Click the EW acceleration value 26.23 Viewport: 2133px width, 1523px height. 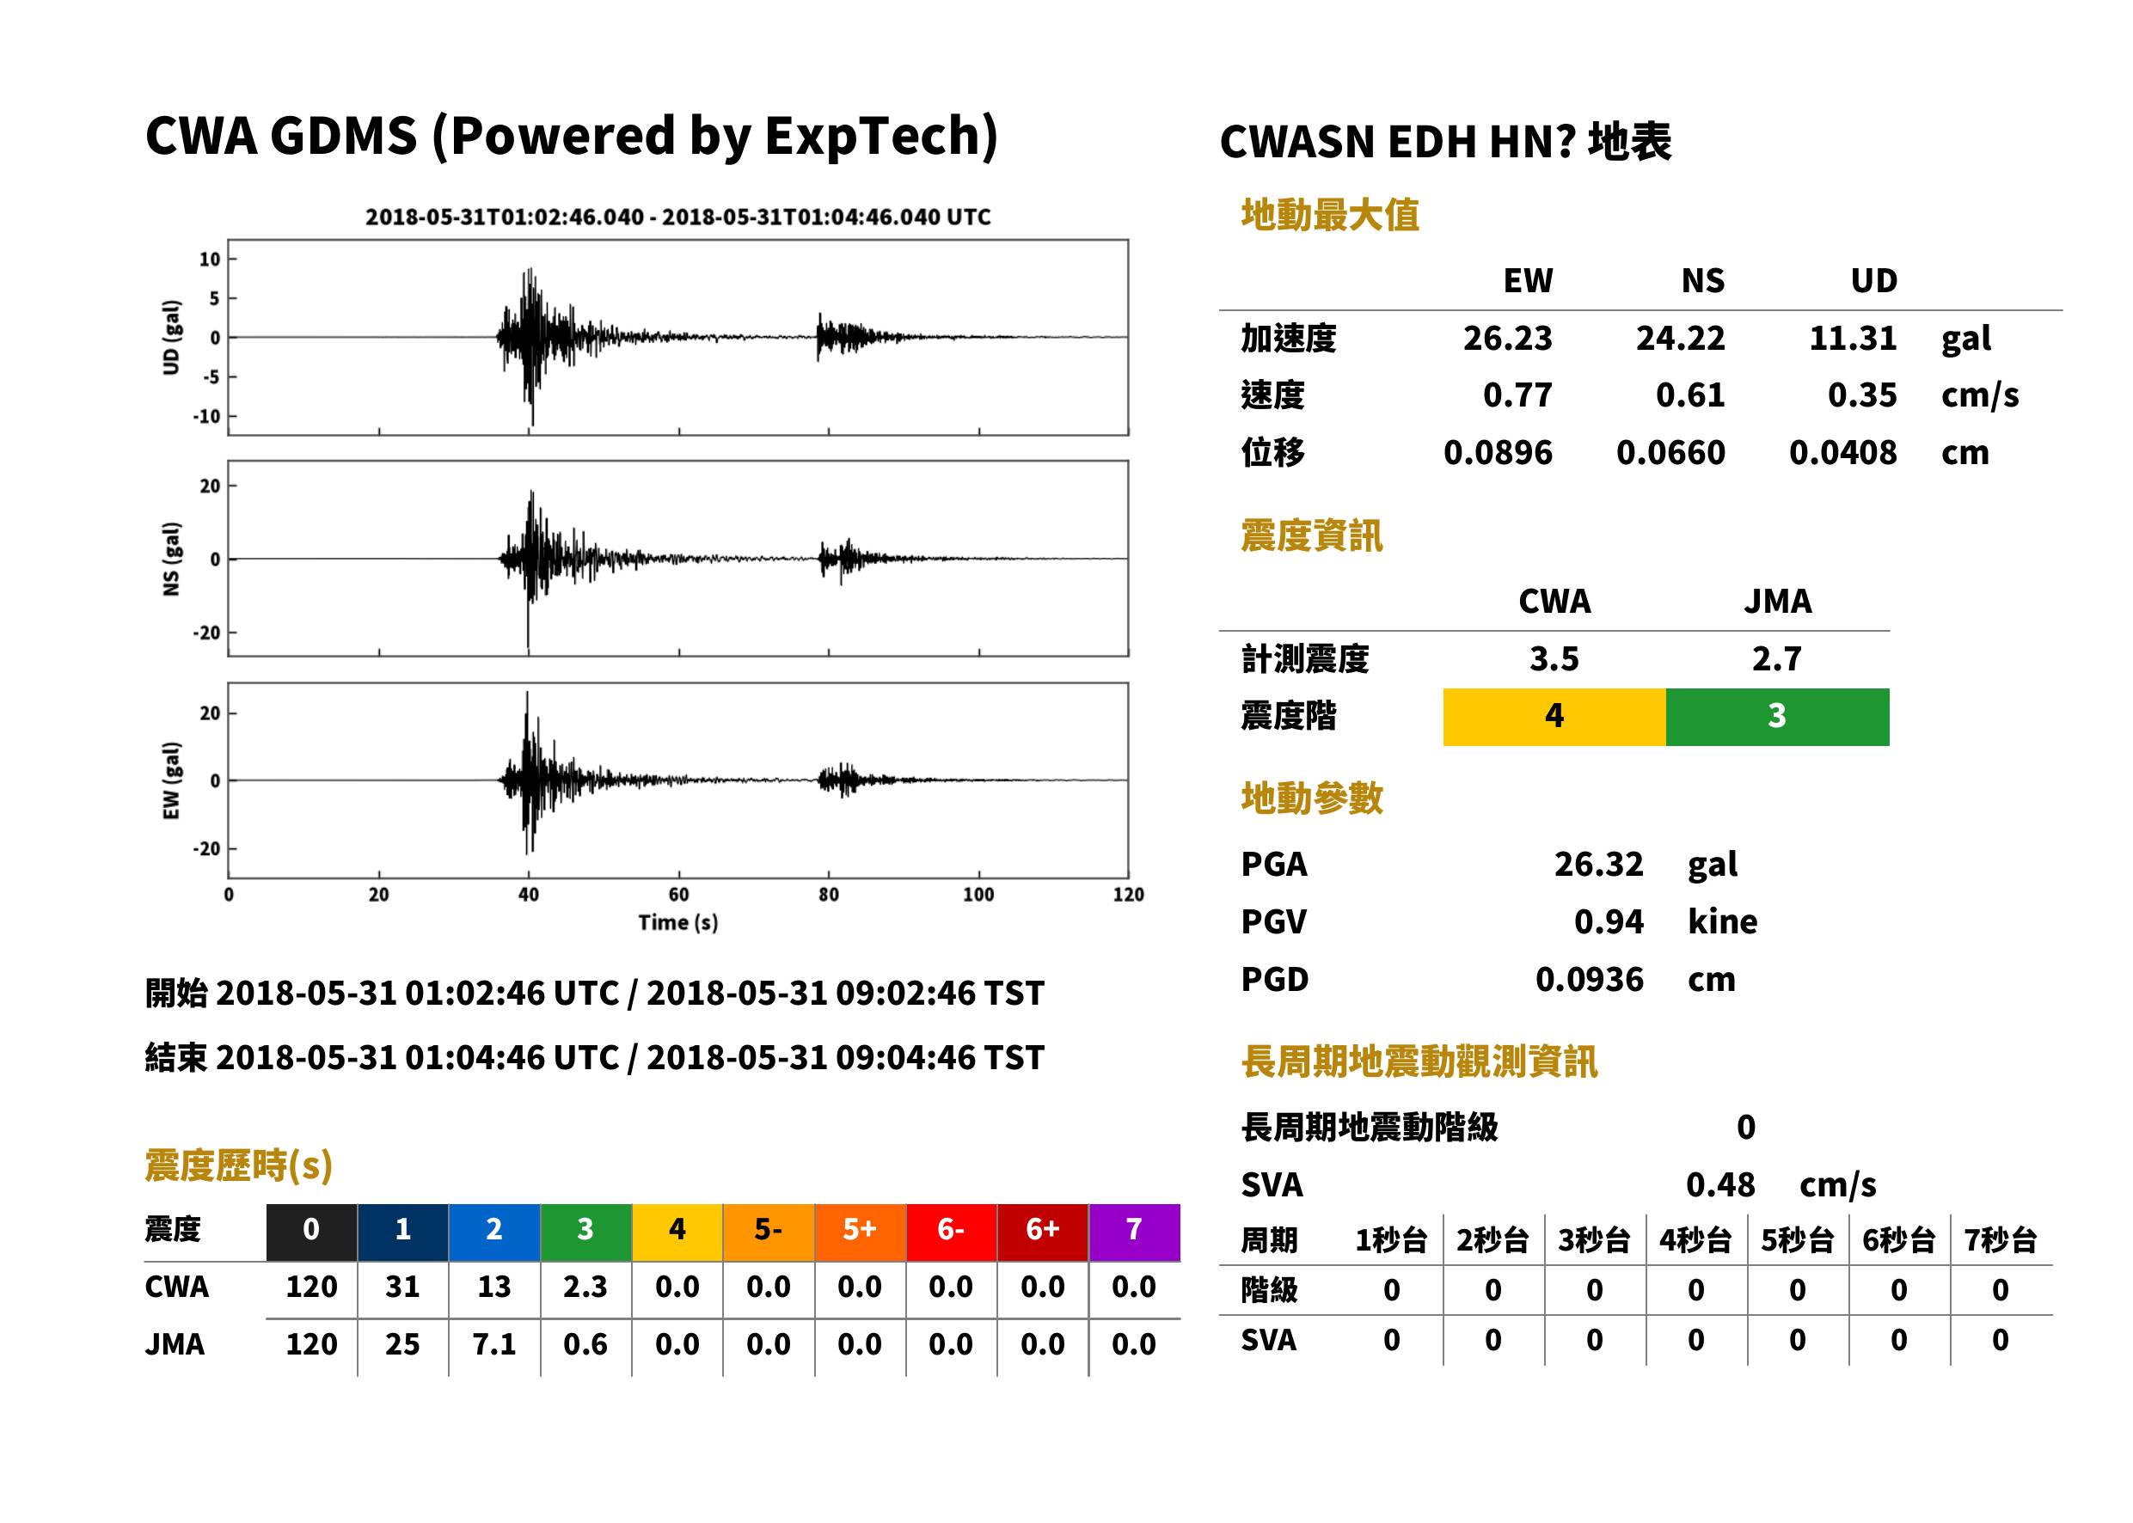pos(1506,339)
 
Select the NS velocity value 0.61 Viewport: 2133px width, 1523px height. pos(1689,395)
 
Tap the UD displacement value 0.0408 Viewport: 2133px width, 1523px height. pos(1842,453)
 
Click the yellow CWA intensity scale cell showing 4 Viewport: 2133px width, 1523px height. pos(1554,717)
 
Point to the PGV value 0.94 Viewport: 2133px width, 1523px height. pos(1609,922)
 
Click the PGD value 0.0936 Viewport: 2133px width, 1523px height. pos(1589,980)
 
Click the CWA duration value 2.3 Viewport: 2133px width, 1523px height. pos(585,1287)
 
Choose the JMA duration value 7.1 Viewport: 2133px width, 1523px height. pos(494,1345)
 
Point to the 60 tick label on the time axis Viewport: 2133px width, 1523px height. pos(678,895)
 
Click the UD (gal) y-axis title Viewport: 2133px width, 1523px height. pos(171,338)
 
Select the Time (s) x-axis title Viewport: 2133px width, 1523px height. pos(678,923)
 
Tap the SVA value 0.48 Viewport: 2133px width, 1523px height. pos(1720,1185)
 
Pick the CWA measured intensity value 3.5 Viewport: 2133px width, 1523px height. pos(1554,659)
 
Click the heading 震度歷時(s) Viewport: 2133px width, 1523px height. pos(239,1165)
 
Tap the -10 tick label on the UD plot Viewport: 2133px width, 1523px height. pos(206,416)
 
